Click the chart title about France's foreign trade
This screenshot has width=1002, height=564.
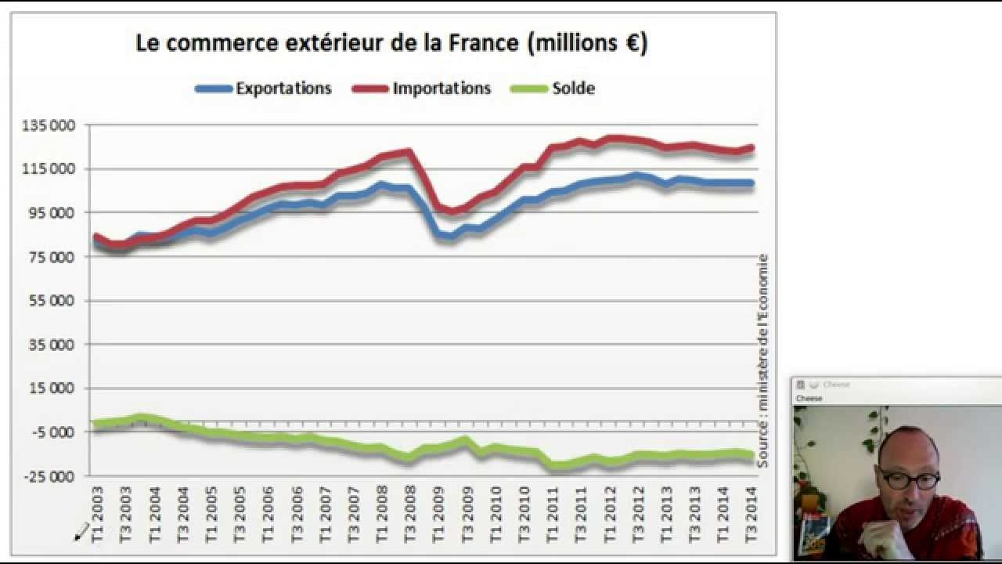click(x=391, y=43)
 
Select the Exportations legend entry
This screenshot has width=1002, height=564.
click(x=283, y=89)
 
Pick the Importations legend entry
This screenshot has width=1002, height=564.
click(x=442, y=89)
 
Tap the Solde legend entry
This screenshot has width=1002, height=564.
click(x=573, y=89)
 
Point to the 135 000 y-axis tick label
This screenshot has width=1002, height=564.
click(x=51, y=125)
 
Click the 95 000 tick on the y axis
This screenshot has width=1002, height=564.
click(x=53, y=213)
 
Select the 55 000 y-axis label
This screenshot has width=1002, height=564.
click(x=53, y=301)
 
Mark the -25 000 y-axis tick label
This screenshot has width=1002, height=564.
click(x=51, y=476)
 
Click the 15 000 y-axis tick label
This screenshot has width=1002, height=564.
click(x=53, y=389)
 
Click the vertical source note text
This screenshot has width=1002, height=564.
click(x=762, y=360)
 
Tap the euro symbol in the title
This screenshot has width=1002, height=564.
click(x=633, y=43)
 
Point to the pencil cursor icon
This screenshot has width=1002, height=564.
click(x=81, y=533)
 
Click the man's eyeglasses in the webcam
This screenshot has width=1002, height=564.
click(x=908, y=479)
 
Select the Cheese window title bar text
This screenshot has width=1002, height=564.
click(x=836, y=385)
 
